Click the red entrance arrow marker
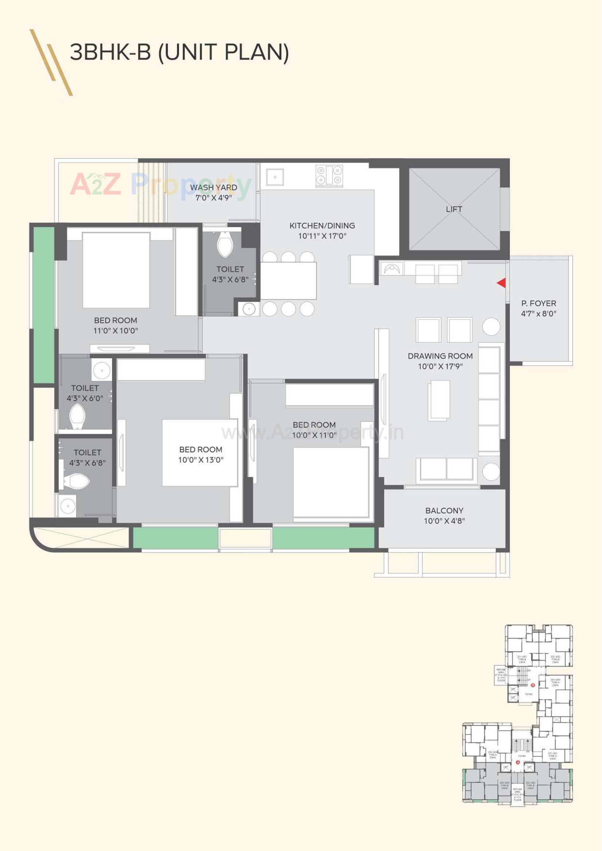pos(502,283)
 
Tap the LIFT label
pos(454,209)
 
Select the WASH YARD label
pos(214,187)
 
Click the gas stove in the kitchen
pos(329,176)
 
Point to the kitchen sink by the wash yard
pos(275,177)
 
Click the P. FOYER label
pos(538,303)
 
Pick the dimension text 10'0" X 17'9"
pos(440,367)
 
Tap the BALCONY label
pos(444,510)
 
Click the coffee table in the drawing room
pos(439,400)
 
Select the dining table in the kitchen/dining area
pos(288,281)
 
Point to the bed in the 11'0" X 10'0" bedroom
pos(116,270)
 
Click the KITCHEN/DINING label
pos(322,225)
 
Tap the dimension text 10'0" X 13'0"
pos(201,460)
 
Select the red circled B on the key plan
pos(533,685)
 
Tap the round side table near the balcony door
pos(491,472)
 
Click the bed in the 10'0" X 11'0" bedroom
pos(330,482)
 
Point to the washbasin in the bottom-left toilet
pos(67,506)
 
